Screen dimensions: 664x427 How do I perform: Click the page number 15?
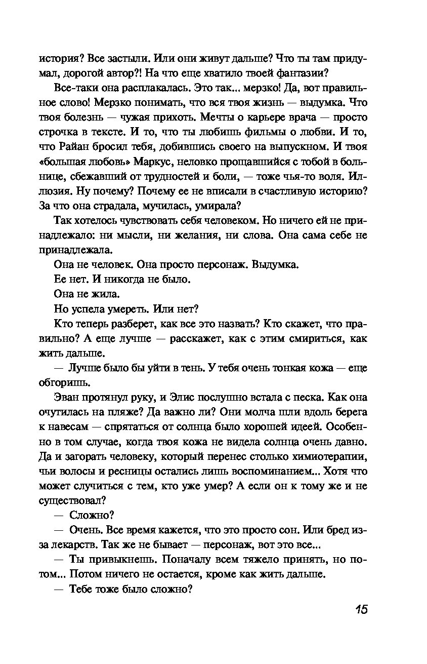[360, 609]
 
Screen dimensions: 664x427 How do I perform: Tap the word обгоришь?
[63, 382]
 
